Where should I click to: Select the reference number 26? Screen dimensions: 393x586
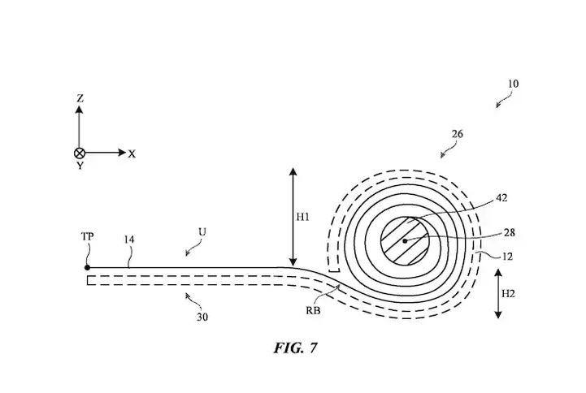(458, 134)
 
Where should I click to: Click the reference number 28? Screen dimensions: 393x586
(509, 232)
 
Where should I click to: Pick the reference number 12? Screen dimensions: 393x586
(509, 257)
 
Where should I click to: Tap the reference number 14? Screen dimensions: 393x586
(130, 240)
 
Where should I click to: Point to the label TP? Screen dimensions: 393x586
(88, 235)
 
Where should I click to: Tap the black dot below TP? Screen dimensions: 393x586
(88, 266)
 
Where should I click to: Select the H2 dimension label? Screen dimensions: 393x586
(509, 294)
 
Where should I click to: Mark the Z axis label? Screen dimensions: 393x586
(80, 98)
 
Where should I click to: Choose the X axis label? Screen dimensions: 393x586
(132, 153)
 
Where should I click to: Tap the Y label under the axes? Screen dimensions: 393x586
(80, 166)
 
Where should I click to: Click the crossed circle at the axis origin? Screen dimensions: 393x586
(80, 153)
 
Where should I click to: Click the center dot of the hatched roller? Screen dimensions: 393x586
(404, 241)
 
